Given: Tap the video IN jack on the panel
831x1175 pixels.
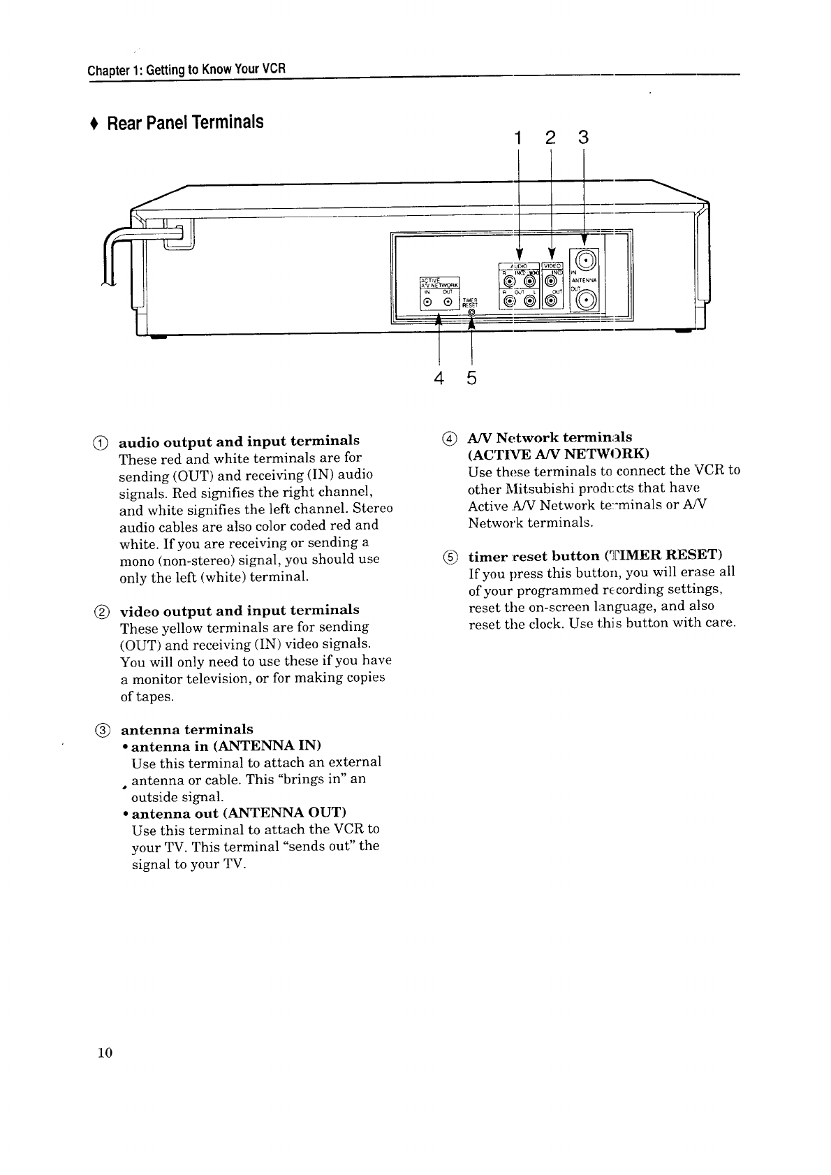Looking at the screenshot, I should [551, 282].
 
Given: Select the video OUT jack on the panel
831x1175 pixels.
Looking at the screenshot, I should [551, 301].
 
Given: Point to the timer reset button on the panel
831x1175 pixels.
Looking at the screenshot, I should [472, 312].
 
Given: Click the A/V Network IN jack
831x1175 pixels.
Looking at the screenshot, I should [427, 302].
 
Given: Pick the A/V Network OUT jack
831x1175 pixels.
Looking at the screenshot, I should [448, 302].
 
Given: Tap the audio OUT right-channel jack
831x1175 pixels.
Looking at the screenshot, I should [510, 301].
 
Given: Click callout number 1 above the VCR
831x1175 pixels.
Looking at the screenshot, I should [518, 138].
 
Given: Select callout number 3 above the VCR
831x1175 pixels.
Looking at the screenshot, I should [584, 138].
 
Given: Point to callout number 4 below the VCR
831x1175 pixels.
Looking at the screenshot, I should [439, 379].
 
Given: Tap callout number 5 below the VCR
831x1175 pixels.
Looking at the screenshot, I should [472, 379].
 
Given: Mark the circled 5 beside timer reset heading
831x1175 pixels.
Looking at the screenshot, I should [450, 557].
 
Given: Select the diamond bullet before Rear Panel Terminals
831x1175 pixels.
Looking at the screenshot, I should [93, 124].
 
